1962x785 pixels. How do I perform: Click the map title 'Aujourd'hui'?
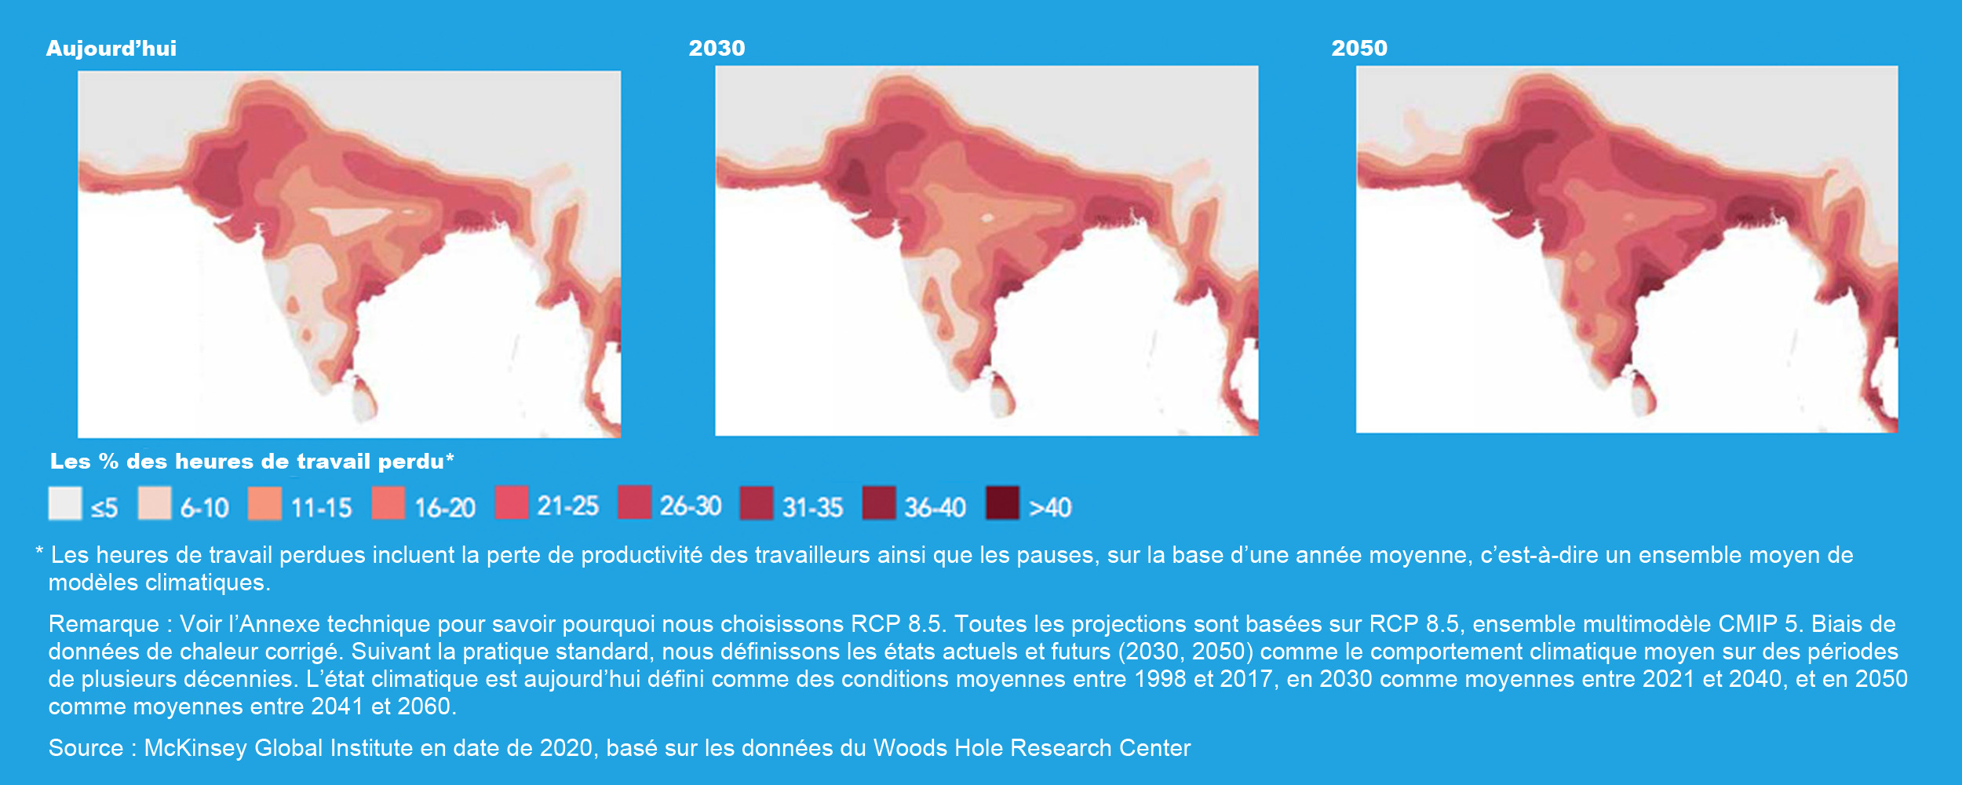111,49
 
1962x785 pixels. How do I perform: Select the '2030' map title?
717,49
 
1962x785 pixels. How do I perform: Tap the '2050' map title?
1359,49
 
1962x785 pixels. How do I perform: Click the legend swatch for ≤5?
65,503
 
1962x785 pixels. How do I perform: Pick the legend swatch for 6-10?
155,503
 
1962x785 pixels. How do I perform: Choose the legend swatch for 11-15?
264,503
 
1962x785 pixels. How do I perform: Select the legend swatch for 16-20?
388,503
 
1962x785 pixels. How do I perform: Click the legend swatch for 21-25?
511,502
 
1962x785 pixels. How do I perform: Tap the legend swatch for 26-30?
634,502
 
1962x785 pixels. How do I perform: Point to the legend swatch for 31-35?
757,503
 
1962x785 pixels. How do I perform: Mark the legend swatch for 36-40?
879,503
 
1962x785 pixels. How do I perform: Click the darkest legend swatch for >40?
1002,503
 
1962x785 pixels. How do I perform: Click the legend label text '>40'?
1050,508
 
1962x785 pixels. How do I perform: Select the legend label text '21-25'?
567,506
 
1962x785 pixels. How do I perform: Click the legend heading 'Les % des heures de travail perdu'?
247,462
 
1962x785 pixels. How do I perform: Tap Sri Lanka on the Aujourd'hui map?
363,398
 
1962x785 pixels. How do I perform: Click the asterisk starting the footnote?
39,552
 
